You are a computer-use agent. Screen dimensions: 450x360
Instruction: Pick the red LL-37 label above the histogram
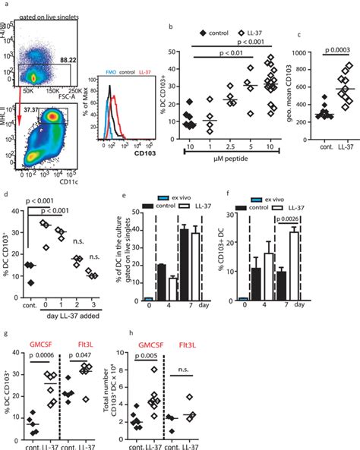click(x=143, y=79)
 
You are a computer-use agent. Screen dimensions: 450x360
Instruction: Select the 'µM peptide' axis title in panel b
click(x=232, y=159)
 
